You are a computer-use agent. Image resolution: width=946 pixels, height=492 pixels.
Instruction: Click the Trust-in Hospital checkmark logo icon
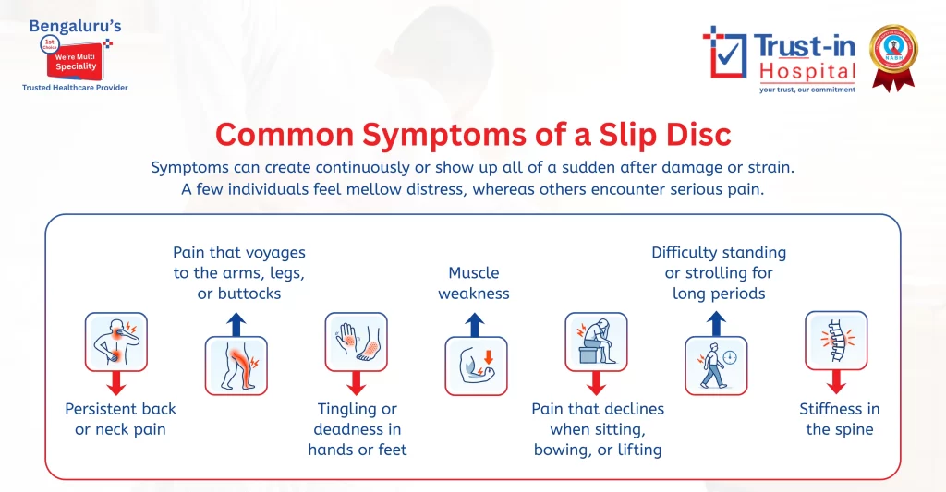[725, 53]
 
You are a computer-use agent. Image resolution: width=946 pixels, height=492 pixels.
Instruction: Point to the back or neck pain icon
[116, 342]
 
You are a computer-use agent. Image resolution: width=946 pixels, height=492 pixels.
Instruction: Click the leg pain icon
[236, 366]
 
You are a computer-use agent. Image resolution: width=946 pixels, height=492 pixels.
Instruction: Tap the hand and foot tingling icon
[357, 342]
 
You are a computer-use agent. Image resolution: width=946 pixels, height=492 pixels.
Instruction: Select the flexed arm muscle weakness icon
[476, 366]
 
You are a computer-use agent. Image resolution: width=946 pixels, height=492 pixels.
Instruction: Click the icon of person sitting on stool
[596, 342]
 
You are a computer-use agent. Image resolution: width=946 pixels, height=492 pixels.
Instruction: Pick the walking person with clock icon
[716, 366]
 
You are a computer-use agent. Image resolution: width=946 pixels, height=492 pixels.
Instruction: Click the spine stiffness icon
[836, 342]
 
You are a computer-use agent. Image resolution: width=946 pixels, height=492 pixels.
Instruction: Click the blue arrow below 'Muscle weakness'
[476, 324]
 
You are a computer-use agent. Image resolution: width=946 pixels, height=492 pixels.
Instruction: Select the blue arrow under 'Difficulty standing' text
[716, 324]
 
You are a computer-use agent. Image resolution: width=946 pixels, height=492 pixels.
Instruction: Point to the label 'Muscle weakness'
[474, 283]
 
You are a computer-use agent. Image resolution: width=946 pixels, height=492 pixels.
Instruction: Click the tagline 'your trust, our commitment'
[807, 90]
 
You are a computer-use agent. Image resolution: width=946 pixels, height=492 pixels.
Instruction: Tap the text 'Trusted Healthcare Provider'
[75, 88]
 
